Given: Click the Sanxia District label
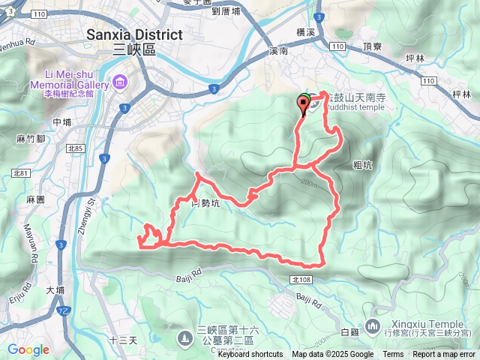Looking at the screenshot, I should [x=134, y=35].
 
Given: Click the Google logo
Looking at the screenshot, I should [x=28, y=349].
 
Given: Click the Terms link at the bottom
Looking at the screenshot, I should [x=393, y=355].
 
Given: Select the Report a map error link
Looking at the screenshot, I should [x=444, y=355].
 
